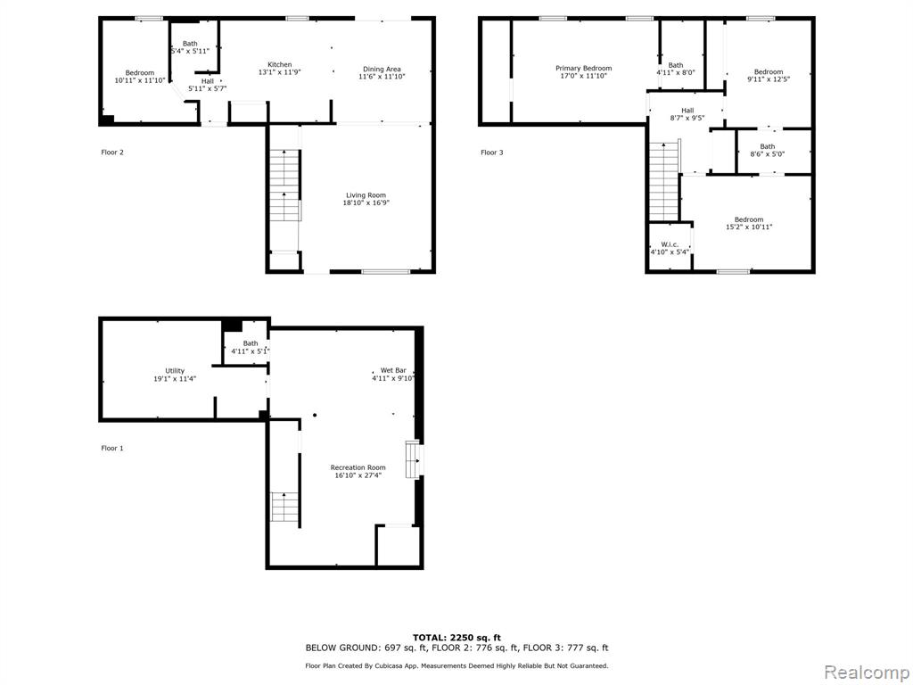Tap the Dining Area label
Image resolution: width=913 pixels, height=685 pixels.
pyautogui.click(x=382, y=69)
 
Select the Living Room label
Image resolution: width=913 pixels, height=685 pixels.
pyautogui.click(x=366, y=195)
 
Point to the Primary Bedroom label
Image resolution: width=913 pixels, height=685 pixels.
pyautogui.click(x=583, y=68)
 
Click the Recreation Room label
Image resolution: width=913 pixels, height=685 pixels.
pyautogui.click(x=358, y=467)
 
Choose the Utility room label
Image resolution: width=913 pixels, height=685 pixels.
pyautogui.click(x=175, y=370)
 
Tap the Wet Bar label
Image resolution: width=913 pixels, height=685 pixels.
pyautogui.click(x=393, y=370)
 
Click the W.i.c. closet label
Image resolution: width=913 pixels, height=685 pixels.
pyautogui.click(x=670, y=244)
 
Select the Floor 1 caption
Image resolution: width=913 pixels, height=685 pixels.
pyautogui.click(x=112, y=448)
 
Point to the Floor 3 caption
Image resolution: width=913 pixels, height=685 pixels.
pyautogui.click(x=492, y=153)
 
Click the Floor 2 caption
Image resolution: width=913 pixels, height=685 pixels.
pyautogui.click(x=112, y=153)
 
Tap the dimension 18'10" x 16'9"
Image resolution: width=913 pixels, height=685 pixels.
pyautogui.click(x=366, y=202)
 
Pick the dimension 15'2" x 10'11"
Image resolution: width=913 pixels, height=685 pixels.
pyautogui.click(x=749, y=227)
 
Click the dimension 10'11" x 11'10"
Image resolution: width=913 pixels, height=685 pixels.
pyautogui.click(x=140, y=80)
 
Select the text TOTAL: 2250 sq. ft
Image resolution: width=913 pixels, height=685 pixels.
pyautogui.click(x=456, y=638)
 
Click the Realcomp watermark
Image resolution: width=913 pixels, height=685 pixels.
pyautogui.click(x=867, y=673)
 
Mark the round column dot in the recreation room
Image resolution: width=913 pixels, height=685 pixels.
pyautogui.click(x=315, y=416)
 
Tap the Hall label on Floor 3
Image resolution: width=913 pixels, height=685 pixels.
pyautogui.click(x=687, y=110)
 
